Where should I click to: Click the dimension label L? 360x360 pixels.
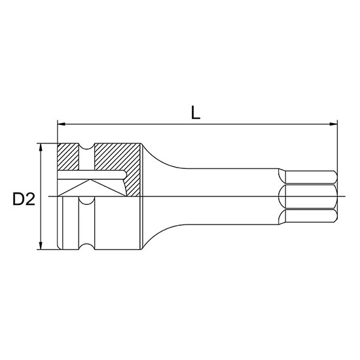pos(196,113)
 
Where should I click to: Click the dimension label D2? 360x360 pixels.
pos(24,199)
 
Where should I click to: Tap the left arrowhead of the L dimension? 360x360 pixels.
pos(62,124)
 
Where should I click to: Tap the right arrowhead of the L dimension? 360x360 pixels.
pos(333,124)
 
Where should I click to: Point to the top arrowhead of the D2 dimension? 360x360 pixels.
pos(41,147)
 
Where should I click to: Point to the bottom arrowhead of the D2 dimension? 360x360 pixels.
pos(41,245)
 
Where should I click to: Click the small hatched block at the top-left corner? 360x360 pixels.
pos(68,157)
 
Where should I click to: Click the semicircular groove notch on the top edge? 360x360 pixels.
pos(86,147)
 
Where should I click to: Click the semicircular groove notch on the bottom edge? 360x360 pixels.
pos(86,246)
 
